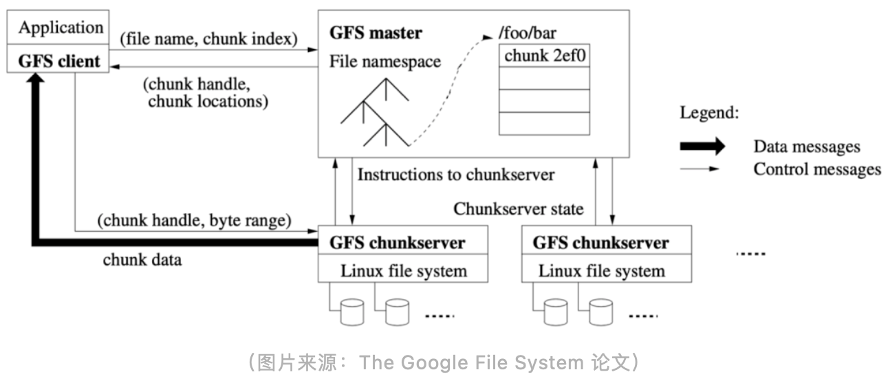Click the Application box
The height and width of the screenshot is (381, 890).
tap(58, 27)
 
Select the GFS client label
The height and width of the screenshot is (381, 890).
tap(59, 61)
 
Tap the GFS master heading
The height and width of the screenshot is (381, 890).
tap(376, 33)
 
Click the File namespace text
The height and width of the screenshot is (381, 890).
tap(385, 62)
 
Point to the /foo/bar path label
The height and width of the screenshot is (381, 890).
tap(528, 33)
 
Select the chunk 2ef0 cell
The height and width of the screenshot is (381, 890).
tap(544, 56)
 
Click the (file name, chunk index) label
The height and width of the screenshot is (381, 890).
tap(209, 39)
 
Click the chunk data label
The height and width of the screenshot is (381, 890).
tap(142, 260)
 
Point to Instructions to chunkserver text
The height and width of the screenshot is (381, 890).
tap(456, 175)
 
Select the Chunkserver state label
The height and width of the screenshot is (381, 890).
tap(519, 209)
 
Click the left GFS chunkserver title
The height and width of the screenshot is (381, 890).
tap(398, 243)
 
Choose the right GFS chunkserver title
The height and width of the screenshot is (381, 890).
tap(600, 243)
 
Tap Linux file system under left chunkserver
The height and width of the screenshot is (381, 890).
tap(404, 271)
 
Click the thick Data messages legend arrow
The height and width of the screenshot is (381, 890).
tap(702, 146)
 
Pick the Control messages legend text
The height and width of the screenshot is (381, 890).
tap(817, 169)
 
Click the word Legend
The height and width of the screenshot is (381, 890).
tap(709, 112)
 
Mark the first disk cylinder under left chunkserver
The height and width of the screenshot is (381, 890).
tap(352, 313)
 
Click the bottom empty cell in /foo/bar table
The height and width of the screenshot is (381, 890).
tap(544, 124)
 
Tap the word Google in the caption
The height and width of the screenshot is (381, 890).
tap(433, 362)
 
